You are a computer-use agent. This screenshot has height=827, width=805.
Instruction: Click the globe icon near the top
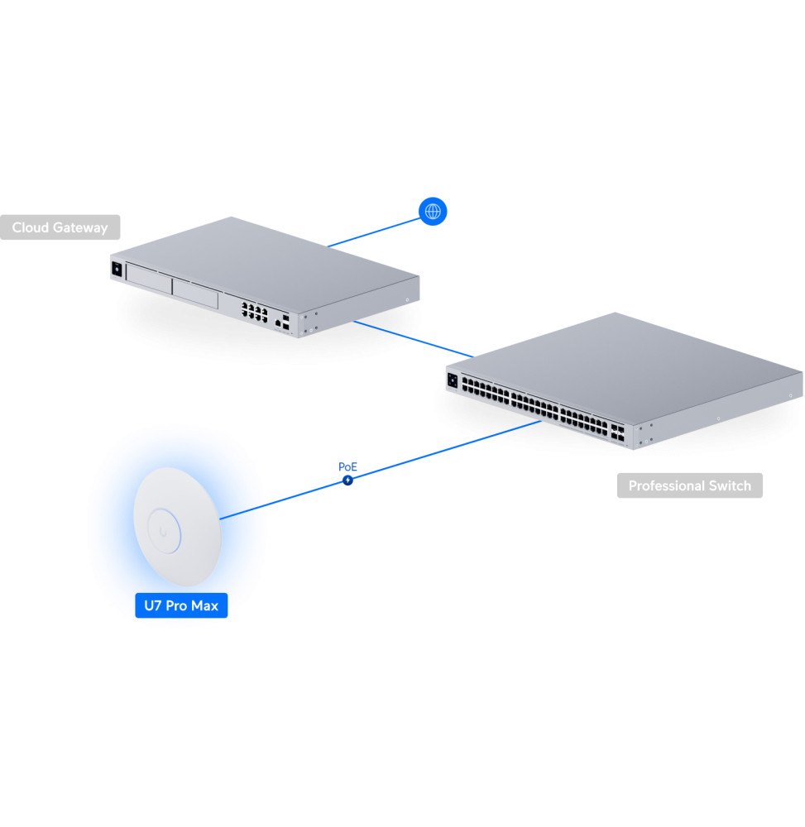click(433, 212)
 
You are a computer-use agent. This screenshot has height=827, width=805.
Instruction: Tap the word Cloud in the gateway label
click(31, 227)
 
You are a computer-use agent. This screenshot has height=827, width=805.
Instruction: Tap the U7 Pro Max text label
click(181, 605)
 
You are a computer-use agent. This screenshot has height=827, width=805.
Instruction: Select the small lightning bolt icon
click(347, 480)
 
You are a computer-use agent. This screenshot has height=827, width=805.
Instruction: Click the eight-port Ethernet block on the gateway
click(253, 312)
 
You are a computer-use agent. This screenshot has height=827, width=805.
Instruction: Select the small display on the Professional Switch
click(452, 380)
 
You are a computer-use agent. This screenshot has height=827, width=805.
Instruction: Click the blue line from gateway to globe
click(372, 232)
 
